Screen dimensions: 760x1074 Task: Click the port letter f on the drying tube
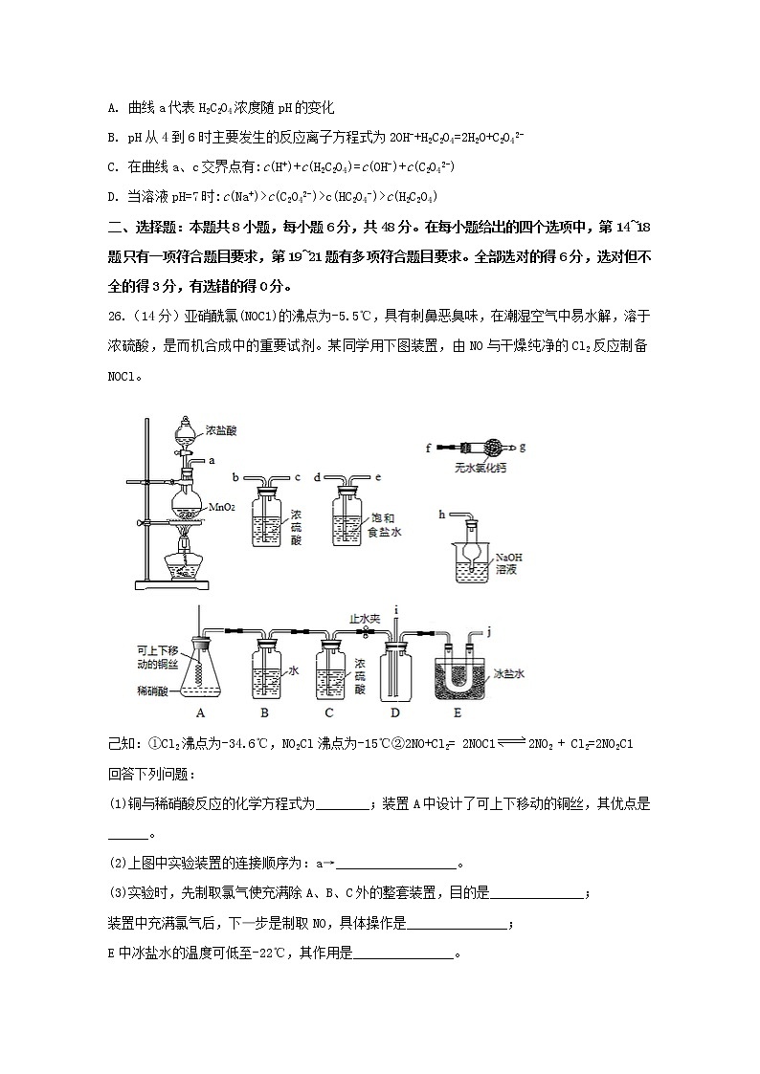coord(430,446)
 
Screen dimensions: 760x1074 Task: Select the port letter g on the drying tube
coord(523,446)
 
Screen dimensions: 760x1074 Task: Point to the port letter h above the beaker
coord(441,514)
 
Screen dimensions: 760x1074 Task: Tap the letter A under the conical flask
coord(200,712)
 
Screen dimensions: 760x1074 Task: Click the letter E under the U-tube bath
coord(457,712)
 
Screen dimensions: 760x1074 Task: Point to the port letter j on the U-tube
coord(488,630)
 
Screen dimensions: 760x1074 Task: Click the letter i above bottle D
coord(395,608)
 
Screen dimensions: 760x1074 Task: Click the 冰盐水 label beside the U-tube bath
coord(509,673)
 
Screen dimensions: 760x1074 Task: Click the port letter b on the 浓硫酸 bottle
coord(235,476)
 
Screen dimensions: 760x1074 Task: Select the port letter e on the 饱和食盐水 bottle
coord(379,476)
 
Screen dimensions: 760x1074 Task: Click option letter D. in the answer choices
coord(114,197)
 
